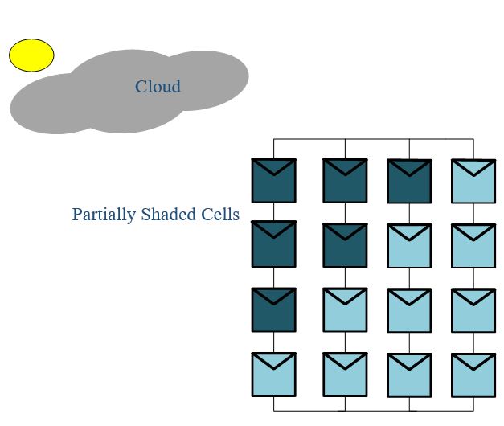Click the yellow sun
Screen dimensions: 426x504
click(x=31, y=55)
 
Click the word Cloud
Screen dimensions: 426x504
click(x=158, y=87)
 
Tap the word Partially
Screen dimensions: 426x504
click(x=104, y=215)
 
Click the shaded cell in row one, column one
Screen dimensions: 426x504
click(x=274, y=181)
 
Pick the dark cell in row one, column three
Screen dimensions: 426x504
click(x=409, y=181)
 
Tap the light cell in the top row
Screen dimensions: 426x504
click(x=473, y=181)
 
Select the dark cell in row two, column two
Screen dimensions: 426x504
click(x=345, y=244)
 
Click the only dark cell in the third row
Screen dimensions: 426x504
click(x=274, y=309)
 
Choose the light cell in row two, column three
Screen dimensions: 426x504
click(x=409, y=245)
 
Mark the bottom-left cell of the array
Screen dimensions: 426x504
click(x=274, y=375)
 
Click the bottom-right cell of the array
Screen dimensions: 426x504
click(x=473, y=375)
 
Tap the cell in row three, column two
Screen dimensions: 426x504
click(x=345, y=309)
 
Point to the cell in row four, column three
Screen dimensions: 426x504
click(x=409, y=375)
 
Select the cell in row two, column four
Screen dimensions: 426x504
click(x=473, y=245)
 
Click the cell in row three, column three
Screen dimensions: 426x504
click(x=409, y=309)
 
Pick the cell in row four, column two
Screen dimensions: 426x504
click(x=345, y=375)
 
